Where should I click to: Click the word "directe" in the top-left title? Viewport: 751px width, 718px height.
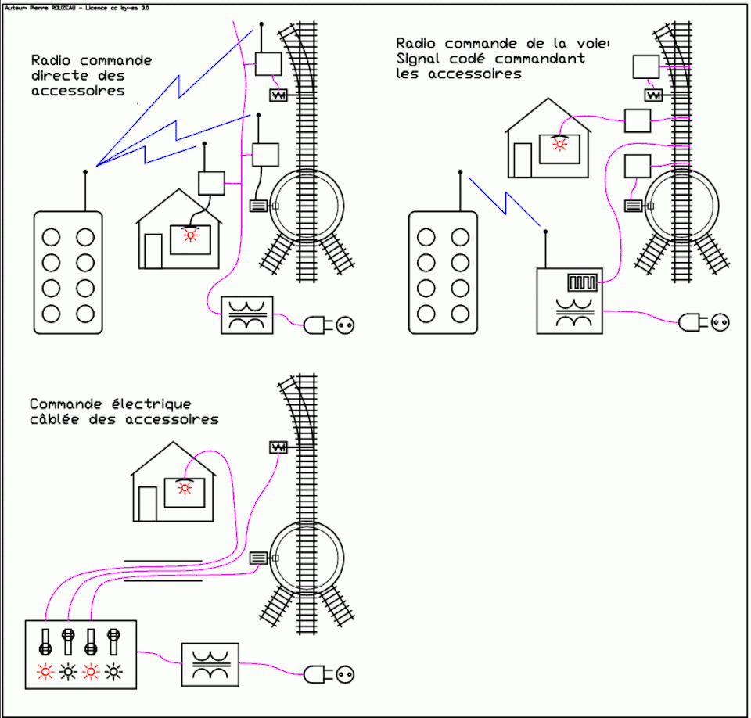pos(56,76)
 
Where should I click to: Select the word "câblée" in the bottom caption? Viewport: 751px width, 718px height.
pos(54,420)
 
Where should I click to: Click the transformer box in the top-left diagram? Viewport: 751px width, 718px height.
pos(247,316)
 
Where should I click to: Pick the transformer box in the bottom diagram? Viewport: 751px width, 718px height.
pos(209,665)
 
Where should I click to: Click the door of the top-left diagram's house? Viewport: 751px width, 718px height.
pos(153,251)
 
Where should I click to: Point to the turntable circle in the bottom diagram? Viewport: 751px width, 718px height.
pos(307,555)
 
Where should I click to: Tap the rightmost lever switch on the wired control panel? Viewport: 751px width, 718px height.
pos(114,641)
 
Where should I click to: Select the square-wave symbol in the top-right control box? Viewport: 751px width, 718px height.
pos(584,281)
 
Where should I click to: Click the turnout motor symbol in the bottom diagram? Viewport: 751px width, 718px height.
pos(278,447)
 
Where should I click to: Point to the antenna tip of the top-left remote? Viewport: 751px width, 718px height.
pos(85,171)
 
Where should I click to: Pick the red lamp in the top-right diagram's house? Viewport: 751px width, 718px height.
pos(559,144)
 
